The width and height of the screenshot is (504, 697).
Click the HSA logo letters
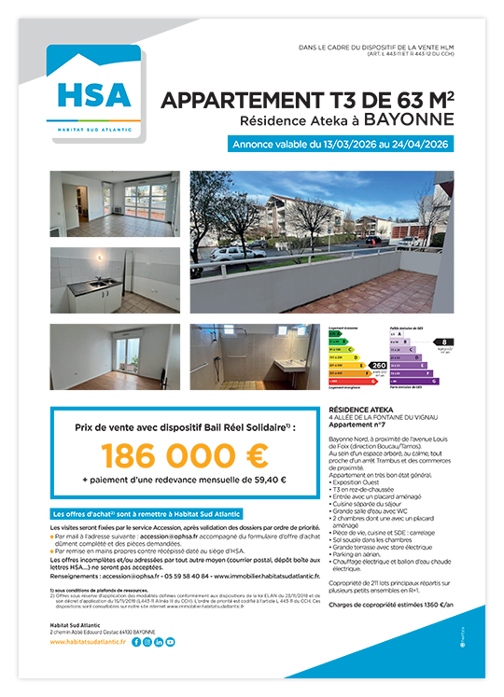(97, 94)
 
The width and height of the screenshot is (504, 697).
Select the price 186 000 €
(184, 456)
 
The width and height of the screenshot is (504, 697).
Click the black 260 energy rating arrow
(378, 365)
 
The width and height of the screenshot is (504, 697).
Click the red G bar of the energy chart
(351, 382)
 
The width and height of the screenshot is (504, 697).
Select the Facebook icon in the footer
(136, 642)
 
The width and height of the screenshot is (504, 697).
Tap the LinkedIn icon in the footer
(159, 642)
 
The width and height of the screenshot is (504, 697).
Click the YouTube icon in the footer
(170, 642)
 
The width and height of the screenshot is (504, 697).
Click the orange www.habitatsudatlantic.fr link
(89, 642)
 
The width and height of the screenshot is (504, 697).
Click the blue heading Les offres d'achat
(145, 512)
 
